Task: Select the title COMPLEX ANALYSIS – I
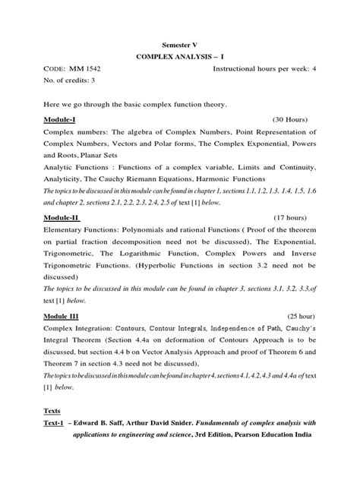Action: tap(179, 56)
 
